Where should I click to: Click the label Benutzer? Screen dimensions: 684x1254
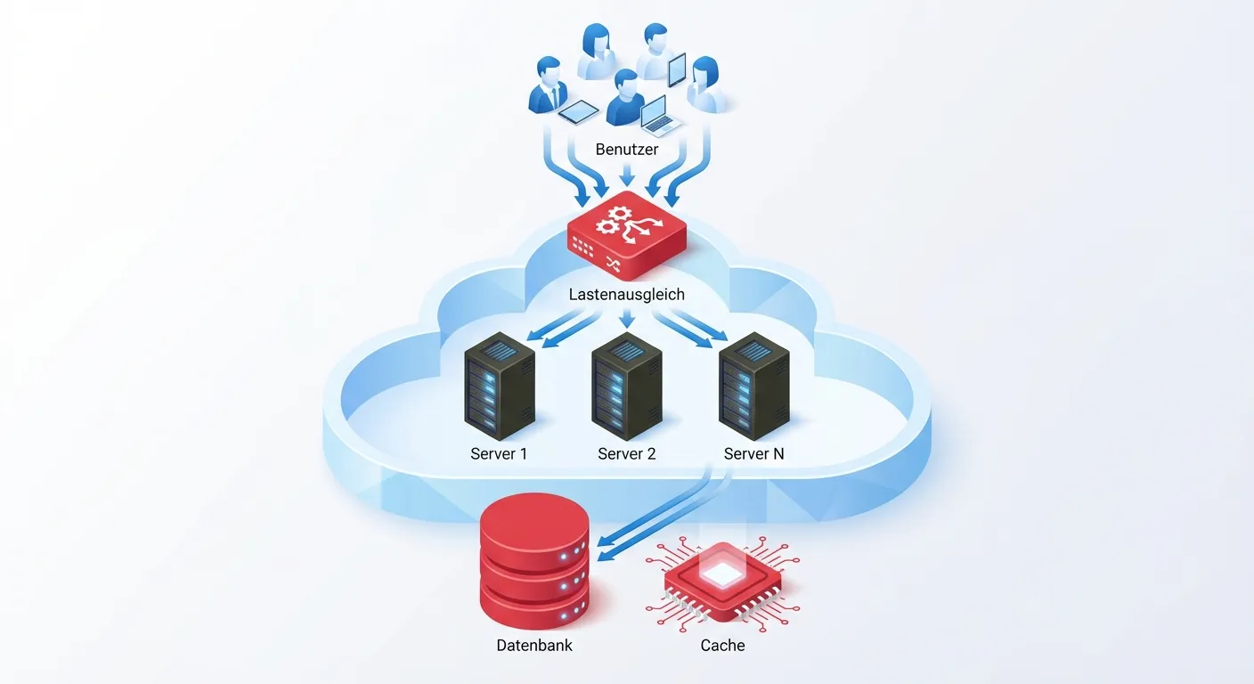626,150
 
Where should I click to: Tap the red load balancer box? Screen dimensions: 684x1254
627,236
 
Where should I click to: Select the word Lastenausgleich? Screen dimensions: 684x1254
627,294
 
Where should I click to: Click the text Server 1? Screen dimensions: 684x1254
499,454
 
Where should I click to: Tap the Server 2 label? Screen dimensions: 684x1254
626,454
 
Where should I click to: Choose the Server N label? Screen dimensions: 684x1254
753,454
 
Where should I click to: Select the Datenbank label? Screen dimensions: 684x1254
534,645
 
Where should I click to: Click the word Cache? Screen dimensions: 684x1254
722,645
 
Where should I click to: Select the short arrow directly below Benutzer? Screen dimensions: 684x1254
627,173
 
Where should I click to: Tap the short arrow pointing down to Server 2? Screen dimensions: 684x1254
627,318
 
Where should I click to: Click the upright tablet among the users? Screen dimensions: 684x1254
677,69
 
